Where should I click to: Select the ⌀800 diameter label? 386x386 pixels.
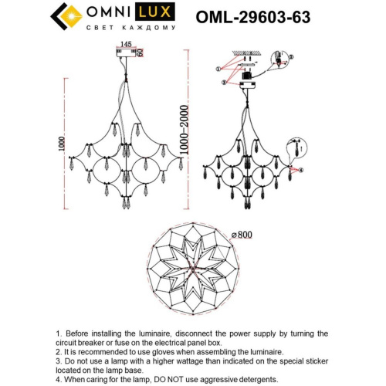pyautogui.click(x=242, y=234)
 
